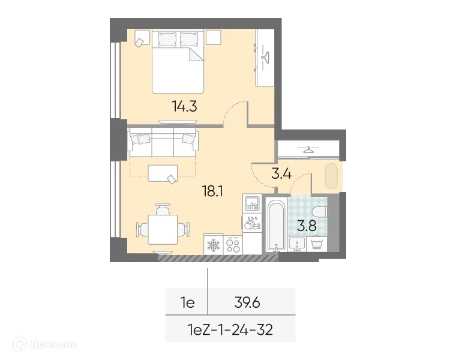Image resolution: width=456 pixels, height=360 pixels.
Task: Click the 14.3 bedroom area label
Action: pos(184,107)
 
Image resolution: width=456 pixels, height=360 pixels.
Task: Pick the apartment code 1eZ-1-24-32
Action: pos(231,331)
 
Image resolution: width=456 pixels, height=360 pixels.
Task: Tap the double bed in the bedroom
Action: pos(178,63)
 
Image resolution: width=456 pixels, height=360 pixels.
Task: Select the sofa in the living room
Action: pos(163,141)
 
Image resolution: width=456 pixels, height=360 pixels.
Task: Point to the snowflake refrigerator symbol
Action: pos(213,244)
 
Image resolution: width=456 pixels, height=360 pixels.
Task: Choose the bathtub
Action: pos(276,223)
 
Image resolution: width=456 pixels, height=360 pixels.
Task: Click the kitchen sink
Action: pos(251,203)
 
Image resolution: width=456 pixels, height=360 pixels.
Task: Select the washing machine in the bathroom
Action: pos(317,244)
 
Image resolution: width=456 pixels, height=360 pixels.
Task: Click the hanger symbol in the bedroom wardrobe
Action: pos(266,57)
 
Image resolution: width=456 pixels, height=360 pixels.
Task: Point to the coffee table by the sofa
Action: pos(162,173)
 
